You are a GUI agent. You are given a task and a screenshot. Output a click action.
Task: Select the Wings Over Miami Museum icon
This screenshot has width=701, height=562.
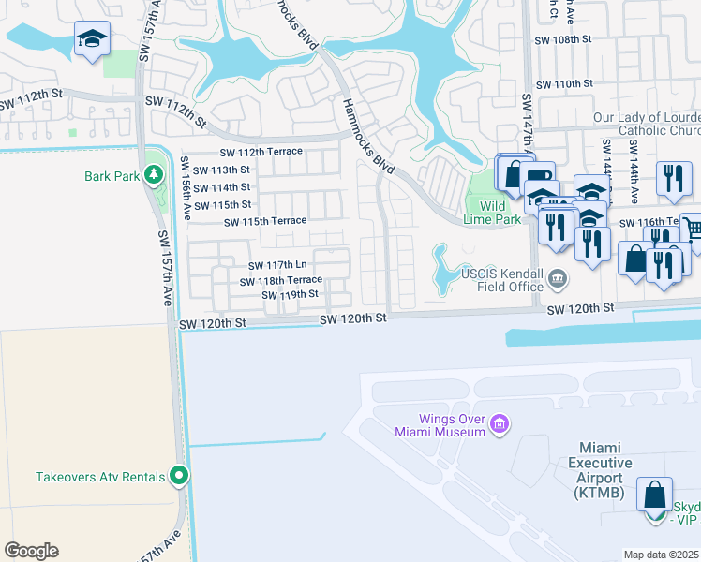tap(499, 426)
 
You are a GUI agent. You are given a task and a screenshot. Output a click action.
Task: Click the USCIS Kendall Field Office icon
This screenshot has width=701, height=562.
tap(558, 277)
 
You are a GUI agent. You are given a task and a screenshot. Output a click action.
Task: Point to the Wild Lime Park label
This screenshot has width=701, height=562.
tap(500, 213)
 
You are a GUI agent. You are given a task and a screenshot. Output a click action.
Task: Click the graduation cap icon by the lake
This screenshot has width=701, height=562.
tap(92, 39)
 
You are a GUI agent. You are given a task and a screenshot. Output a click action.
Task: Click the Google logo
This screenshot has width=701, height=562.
tap(31, 551)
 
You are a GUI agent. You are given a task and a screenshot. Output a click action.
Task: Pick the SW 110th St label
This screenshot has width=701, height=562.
tap(564, 83)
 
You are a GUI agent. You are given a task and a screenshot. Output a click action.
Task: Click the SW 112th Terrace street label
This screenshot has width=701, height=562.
tap(261, 152)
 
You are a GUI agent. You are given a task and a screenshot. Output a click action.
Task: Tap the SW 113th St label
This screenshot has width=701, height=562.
tap(218, 170)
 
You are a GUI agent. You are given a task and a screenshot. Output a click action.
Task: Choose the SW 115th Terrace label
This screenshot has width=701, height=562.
tap(265, 221)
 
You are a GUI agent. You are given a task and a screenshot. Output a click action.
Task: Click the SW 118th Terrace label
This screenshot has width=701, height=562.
tap(281, 281)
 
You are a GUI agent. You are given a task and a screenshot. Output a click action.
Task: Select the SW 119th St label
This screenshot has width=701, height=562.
tap(291, 294)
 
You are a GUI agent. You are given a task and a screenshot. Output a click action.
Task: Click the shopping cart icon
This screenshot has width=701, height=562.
tap(692, 228)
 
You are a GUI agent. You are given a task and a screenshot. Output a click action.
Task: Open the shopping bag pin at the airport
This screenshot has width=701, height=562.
tap(655, 493)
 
